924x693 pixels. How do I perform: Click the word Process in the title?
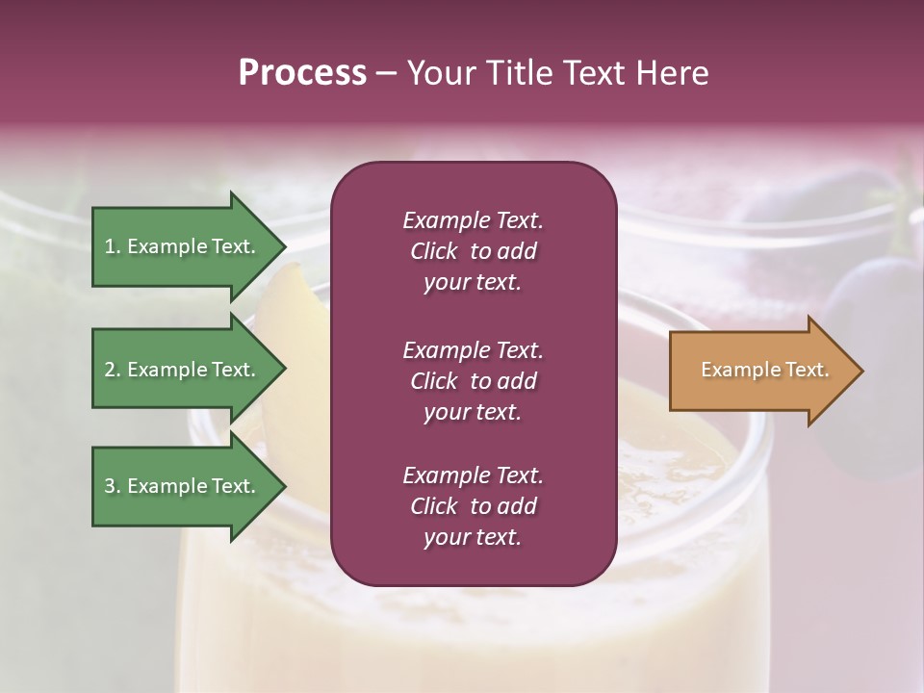[302, 73]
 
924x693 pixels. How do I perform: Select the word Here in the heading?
[670, 73]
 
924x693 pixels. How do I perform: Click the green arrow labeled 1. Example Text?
[180, 246]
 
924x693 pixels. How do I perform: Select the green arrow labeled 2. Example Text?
[180, 370]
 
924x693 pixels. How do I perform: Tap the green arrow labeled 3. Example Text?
[180, 486]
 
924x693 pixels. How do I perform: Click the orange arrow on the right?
[760, 371]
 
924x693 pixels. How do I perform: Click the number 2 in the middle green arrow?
[110, 370]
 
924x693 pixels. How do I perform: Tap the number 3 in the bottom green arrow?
[110, 486]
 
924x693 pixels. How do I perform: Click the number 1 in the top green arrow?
[110, 246]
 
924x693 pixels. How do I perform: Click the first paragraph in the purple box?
[473, 251]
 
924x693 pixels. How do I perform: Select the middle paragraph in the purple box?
[473, 381]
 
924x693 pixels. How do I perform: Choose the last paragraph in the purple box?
[473, 506]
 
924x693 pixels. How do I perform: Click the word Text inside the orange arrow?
[807, 370]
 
